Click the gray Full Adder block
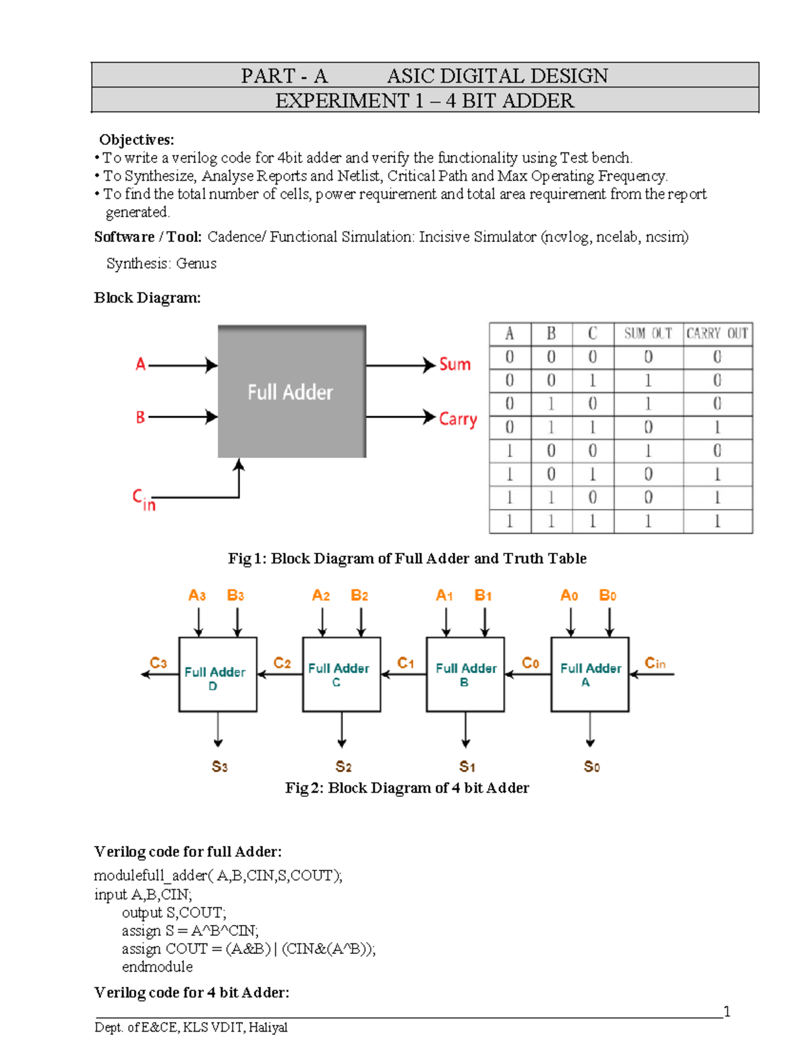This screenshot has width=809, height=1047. tap(291, 392)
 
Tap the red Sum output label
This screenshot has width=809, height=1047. tap(454, 365)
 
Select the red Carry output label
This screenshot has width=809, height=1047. tap(458, 419)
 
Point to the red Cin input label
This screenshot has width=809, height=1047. tap(144, 500)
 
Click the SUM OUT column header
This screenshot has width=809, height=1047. tap(648, 334)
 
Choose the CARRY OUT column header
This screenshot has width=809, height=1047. tap(717, 334)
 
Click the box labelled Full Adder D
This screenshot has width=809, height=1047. tap(217, 674)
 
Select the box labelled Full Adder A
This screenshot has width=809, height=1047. tap(590, 674)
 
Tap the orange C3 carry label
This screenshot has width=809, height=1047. tap(158, 663)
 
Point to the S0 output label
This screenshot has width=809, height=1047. tap(591, 767)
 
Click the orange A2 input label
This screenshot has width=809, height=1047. tap(321, 595)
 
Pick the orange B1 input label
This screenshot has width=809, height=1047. tap(483, 595)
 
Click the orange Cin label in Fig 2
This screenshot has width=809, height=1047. tap(655, 663)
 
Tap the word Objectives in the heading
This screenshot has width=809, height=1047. tap(136, 140)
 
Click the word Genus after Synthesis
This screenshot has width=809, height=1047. tap(196, 264)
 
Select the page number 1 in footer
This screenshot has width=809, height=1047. tap(727, 1011)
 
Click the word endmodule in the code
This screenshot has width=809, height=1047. tap(157, 967)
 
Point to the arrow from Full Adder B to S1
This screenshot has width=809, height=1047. tap(466, 729)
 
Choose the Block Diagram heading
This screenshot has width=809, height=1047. tap(147, 298)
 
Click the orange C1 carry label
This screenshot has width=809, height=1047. tap(406, 663)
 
